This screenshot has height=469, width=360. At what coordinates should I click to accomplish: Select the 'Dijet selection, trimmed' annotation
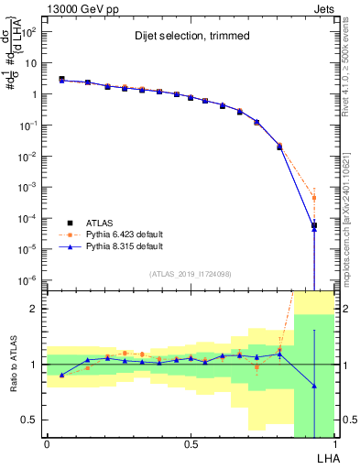click(x=189, y=38)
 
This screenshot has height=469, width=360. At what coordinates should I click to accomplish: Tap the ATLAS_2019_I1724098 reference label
click(x=190, y=274)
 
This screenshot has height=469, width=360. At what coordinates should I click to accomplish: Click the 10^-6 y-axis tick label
click(x=29, y=280)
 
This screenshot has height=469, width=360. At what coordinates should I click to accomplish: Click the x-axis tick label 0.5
click(x=191, y=444)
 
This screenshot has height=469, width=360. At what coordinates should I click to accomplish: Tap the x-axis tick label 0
click(x=47, y=444)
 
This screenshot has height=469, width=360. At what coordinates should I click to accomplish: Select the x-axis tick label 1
click(x=334, y=444)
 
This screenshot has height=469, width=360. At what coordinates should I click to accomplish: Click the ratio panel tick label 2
click(x=34, y=309)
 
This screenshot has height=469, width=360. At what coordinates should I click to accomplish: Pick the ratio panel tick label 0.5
click(x=29, y=420)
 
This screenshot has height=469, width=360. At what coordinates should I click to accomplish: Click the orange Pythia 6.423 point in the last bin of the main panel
click(x=313, y=198)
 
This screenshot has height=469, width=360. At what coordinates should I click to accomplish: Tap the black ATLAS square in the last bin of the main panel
click(x=313, y=225)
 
